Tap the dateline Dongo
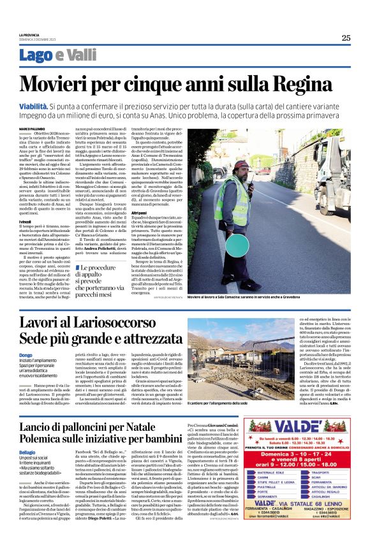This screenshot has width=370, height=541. pos(26,355)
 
